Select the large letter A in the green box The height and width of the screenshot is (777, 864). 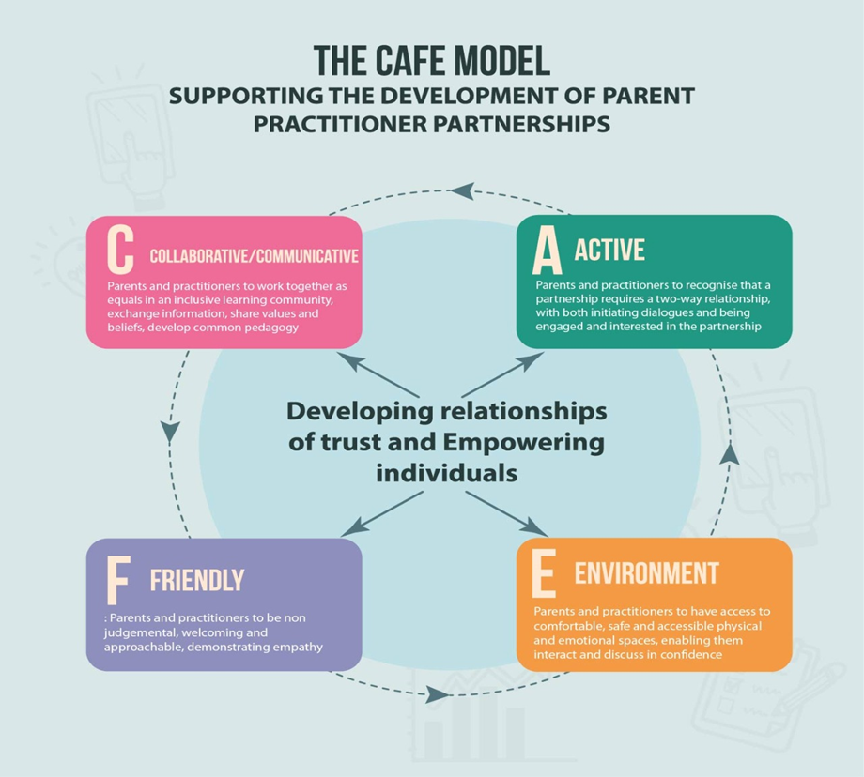pyautogui.click(x=547, y=251)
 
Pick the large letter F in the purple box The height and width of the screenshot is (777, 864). pyautogui.click(x=116, y=580)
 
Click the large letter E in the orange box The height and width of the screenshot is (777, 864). pyautogui.click(x=544, y=574)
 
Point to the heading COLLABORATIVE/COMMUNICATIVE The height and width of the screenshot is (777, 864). pyautogui.click(x=254, y=256)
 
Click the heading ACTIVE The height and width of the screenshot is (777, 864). pyautogui.click(x=609, y=251)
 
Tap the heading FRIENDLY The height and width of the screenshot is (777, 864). pyautogui.click(x=196, y=580)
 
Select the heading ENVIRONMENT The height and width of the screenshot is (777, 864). pyautogui.click(x=646, y=573)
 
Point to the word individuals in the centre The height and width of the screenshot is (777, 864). pyautogui.click(x=446, y=472)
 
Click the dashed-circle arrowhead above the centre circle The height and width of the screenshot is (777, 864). pyautogui.click(x=462, y=190)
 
